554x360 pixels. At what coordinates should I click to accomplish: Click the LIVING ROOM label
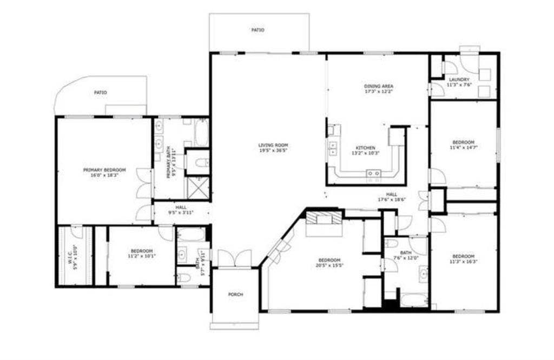click(x=273, y=145)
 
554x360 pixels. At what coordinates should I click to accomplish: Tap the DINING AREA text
click(x=378, y=86)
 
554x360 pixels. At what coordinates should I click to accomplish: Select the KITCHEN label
click(x=365, y=148)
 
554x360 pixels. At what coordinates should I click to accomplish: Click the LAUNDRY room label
click(x=459, y=79)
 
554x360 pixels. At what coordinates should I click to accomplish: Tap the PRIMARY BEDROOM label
click(x=104, y=170)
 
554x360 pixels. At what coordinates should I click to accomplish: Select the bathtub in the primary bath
click(x=201, y=132)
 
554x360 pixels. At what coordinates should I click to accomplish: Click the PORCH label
click(x=235, y=295)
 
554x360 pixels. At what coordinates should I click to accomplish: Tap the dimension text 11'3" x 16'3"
click(x=463, y=262)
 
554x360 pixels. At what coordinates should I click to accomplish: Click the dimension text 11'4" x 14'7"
click(x=463, y=147)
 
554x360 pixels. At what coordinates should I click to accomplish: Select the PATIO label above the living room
click(x=258, y=30)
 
